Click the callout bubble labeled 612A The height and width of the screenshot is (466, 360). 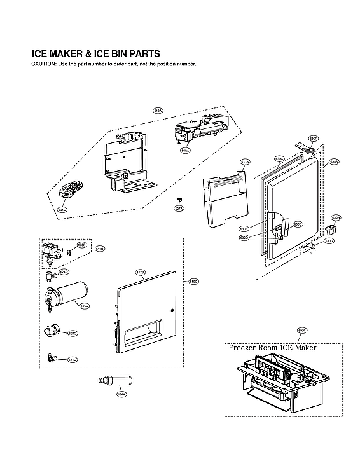158,111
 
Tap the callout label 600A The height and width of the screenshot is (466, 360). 185,151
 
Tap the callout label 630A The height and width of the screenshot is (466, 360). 334,162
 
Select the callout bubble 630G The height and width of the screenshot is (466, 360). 329,241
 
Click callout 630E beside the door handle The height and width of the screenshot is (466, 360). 244,228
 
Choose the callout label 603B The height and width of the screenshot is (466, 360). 81,245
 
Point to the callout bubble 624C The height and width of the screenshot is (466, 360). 73,360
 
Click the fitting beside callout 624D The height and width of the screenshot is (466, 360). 52,331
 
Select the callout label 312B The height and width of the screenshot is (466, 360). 141,272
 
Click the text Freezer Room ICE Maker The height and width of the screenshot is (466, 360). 272,348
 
